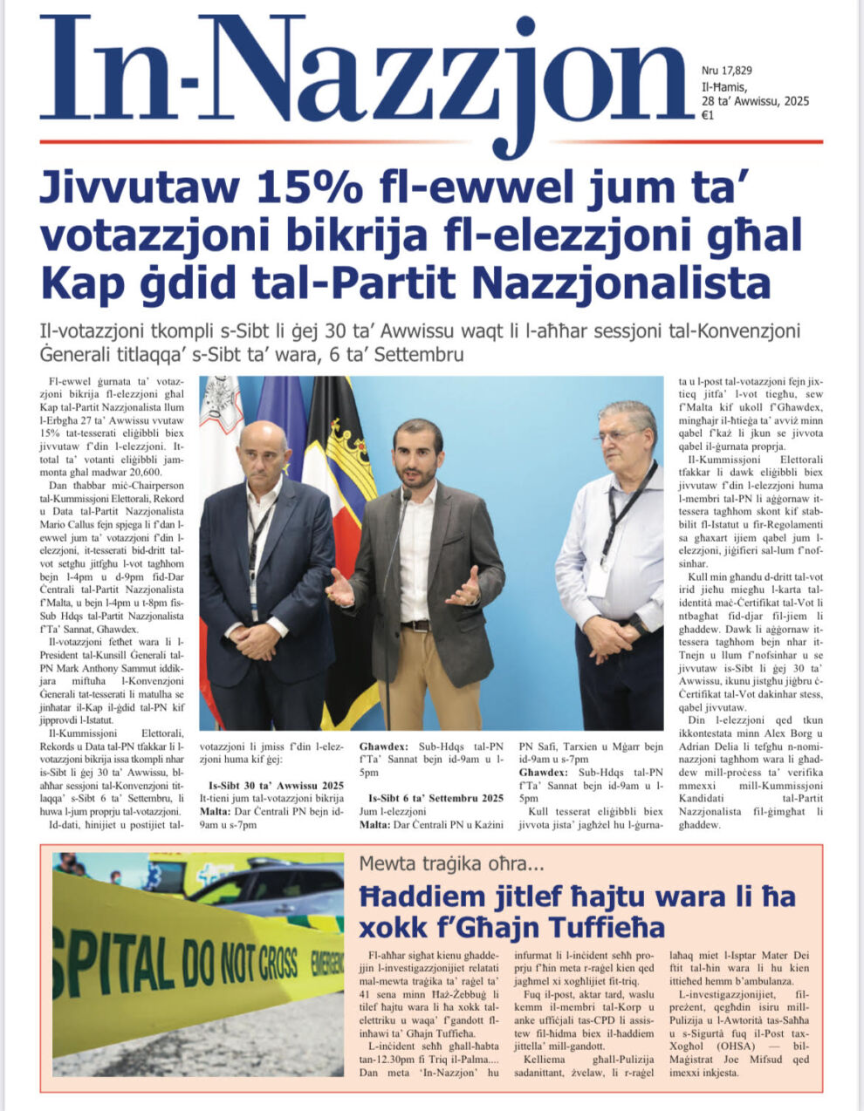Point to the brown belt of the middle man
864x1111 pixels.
coord(417,625)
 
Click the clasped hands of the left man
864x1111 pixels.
coord(256,641)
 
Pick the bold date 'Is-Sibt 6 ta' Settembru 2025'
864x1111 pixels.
coord(436,798)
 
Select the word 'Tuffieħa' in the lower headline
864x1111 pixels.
coord(603,925)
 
